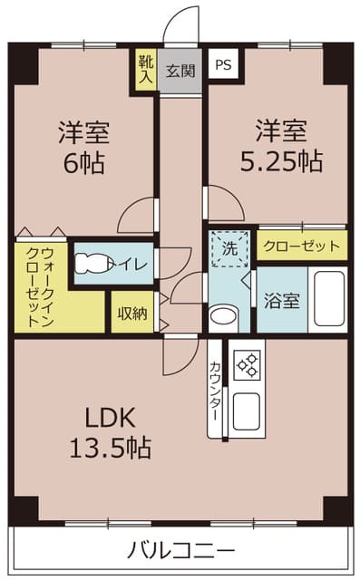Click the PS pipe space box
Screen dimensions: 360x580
(x=223, y=63)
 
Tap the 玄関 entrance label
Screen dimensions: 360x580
(x=180, y=71)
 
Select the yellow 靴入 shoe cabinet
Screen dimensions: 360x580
(x=146, y=70)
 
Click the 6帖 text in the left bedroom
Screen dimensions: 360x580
(x=83, y=163)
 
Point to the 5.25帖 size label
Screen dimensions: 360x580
(x=281, y=160)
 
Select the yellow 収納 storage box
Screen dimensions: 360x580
(x=132, y=312)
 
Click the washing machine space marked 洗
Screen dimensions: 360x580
(x=229, y=248)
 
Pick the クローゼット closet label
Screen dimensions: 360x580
(x=302, y=246)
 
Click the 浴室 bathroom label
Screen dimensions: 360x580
(x=282, y=300)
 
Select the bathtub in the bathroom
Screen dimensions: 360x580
(x=329, y=299)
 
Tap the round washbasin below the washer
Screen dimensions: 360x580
(x=223, y=316)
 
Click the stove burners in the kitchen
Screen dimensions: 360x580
(x=248, y=364)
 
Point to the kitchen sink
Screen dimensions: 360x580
(x=247, y=411)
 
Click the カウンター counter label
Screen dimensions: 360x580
(x=216, y=391)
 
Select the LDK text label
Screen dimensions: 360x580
(x=110, y=417)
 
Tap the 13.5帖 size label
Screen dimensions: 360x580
(x=111, y=448)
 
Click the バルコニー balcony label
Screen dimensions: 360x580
(x=181, y=550)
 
